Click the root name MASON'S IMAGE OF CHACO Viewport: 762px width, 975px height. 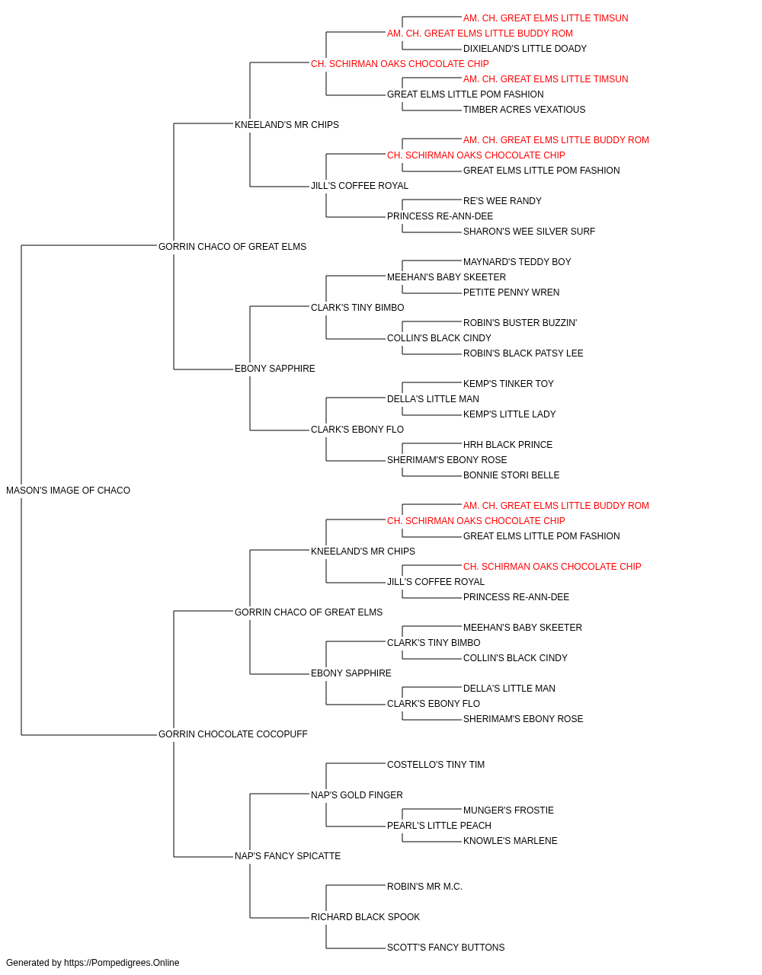[69, 491]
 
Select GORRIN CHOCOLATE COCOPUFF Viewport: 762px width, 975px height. [233, 734]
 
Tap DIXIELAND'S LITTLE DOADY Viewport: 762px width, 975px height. [524, 49]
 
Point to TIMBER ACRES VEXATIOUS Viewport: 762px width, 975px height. [524, 110]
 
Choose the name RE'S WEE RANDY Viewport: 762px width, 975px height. [502, 201]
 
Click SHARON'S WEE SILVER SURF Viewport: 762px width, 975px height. [529, 232]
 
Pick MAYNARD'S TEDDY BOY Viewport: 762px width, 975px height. [517, 262]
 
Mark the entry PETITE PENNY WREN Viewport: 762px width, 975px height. [511, 292]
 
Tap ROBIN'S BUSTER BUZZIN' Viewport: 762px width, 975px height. [520, 323]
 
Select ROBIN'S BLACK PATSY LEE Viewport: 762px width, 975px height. [523, 353]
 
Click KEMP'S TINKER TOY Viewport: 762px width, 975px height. [508, 384]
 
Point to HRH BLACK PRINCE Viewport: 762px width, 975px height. [507, 445]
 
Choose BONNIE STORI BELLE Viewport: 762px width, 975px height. [511, 475]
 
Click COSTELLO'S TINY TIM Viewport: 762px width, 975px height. [436, 765]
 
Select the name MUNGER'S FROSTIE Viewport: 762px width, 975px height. [508, 810]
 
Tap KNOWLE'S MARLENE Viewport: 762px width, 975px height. [511, 841]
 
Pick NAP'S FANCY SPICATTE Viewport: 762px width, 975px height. [288, 856]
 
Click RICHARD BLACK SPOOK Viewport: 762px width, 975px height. [365, 917]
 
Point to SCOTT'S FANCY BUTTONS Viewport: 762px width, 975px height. [446, 948]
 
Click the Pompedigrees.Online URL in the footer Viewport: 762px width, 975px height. [122, 963]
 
